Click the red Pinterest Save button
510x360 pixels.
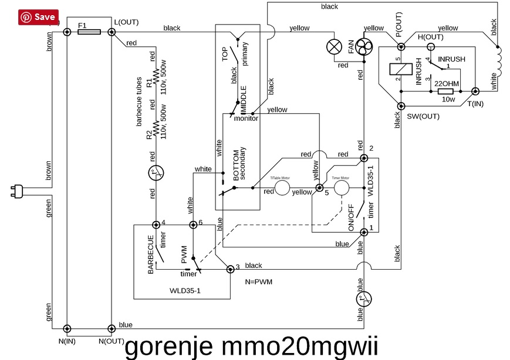tap(39, 17)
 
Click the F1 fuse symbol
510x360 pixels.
tap(89, 32)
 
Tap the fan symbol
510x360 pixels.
tap(364, 47)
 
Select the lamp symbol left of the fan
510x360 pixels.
tap(335, 46)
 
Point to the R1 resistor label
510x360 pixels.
tap(149, 83)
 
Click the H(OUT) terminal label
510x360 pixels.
tap(430, 36)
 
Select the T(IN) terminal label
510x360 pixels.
tap(477, 103)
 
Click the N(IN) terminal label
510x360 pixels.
tap(67, 340)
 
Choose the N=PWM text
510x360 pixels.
tap(259, 281)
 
